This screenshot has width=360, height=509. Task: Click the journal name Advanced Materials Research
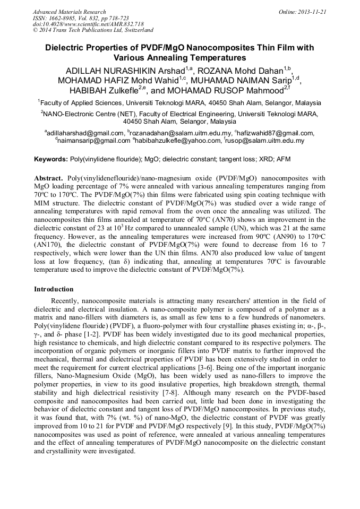point(69,12)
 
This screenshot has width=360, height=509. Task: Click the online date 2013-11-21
point(310,12)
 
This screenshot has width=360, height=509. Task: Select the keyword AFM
point(282,159)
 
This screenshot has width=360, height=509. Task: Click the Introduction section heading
point(54,289)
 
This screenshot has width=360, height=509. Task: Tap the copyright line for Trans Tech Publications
point(93,31)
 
